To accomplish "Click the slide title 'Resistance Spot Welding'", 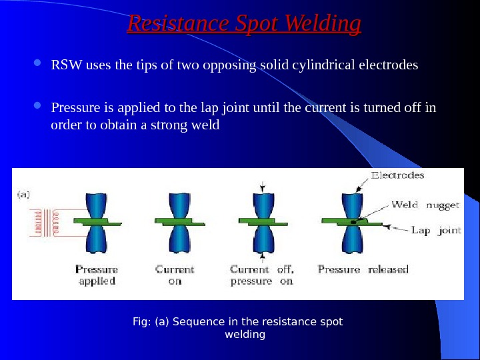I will pos(244,24).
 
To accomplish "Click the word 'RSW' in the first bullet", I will pos(64,65).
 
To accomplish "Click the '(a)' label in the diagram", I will pos(23,195).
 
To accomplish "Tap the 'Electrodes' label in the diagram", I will pos(397,176).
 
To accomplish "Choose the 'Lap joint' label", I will pos(436,231).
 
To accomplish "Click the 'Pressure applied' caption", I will pos(97,275).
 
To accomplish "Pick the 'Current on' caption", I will pos(175,275).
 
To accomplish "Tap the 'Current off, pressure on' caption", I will pos(261,275).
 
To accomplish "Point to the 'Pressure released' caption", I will pos(363,270).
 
